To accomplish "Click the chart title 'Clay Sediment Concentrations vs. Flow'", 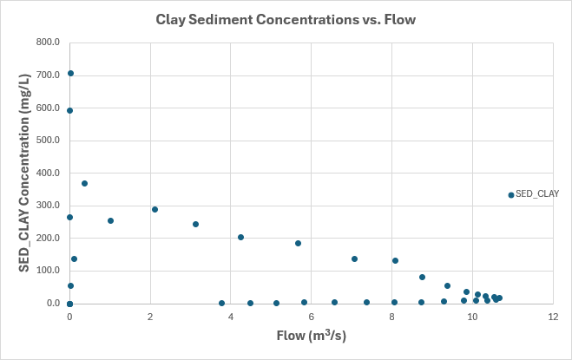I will [x=286, y=18].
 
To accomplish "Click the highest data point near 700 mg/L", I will [x=70, y=74].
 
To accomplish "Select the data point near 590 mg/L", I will [x=69, y=110].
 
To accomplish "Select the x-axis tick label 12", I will [x=553, y=317].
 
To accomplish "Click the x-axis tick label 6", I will [x=312, y=317].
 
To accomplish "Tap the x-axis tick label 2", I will [x=150, y=317].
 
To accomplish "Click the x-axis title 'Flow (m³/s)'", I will [x=311, y=335].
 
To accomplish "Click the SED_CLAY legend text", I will [x=537, y=194].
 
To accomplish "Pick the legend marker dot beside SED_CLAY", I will [x=511, y=194].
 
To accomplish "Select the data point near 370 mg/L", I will [x=84, y=183].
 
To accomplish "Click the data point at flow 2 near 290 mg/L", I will [x=155, y=209].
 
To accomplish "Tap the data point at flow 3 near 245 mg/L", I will [x=195, y=224].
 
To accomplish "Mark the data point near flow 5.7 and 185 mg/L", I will [x=298, y=243].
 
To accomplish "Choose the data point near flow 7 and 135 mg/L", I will [x=354, y=259].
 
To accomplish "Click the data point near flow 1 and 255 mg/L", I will [x=110, y=220].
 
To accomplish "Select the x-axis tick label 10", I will [x=472, y=317].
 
